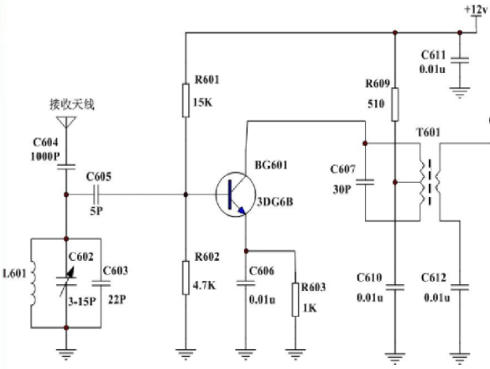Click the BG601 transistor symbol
[x=236, y=195]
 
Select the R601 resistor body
[x=185, y=101]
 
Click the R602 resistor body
[x=185, y=278]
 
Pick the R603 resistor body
[x=295, y=299]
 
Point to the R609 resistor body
[x=395, y=104]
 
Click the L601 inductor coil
[x=33, y=283]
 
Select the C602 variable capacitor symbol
[x=66, y=282]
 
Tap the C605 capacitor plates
[x=96, y=195]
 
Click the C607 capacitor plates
[x=365, y=182]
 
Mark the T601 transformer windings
[x=430, y=182]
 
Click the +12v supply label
[x=476, y=10]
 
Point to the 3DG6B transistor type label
[x=275, y=202]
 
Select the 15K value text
[x=203, y=102]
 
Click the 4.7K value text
[x=205, y=285]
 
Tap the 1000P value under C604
[x=45, y=156]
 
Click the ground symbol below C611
[x=460, y=93]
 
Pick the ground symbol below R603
[x=295, y=354]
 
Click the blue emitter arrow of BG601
[x=242, y=210]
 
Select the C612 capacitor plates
[x=460, y=287]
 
